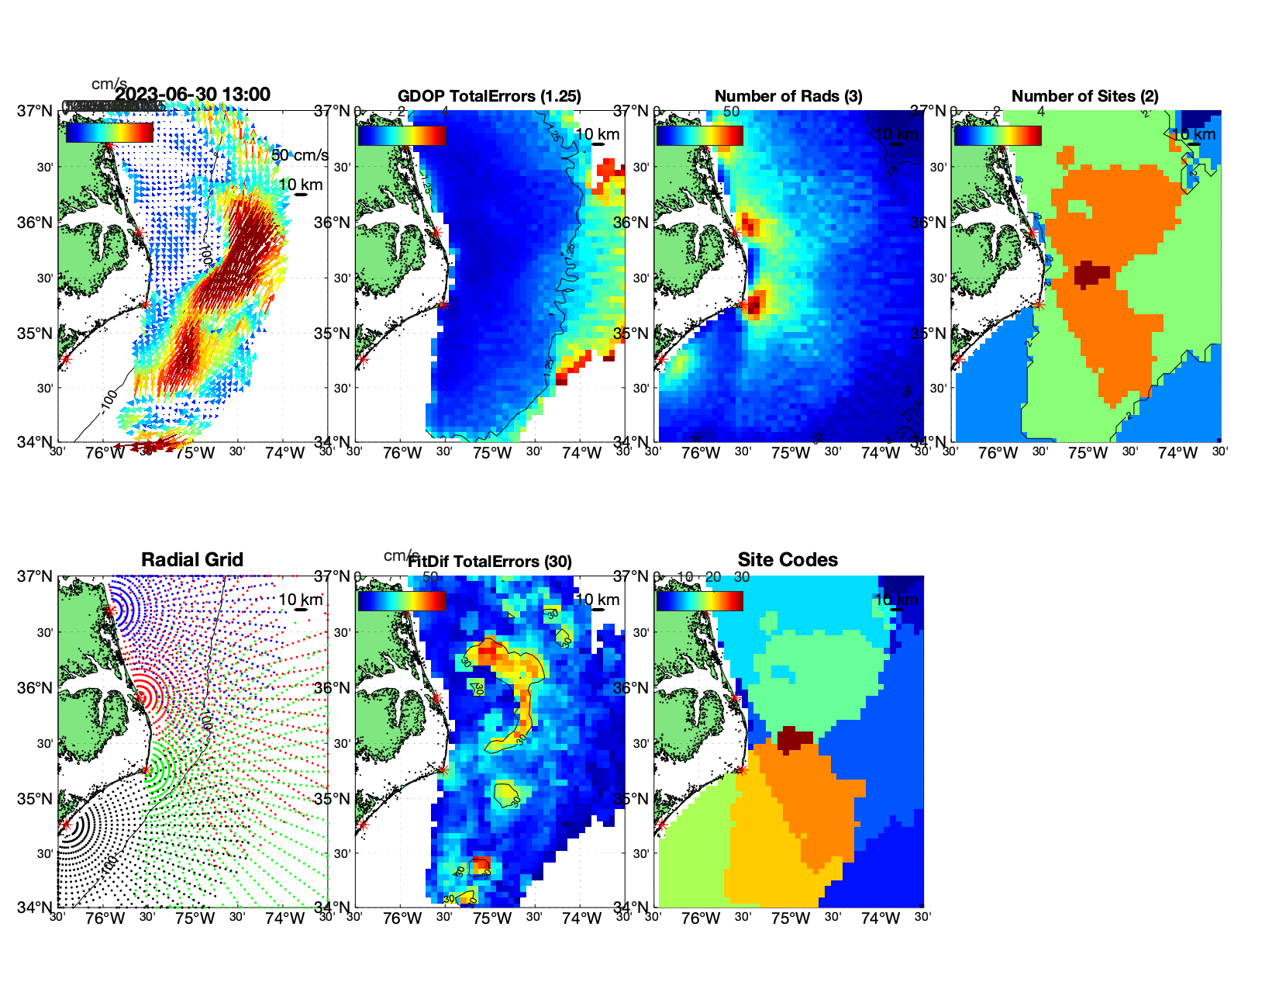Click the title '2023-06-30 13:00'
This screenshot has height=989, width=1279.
(193, 95)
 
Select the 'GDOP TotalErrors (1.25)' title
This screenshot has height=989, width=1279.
(489, 96)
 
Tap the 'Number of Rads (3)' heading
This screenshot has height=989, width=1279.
(788, 96)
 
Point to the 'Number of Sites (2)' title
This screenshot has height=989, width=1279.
(1085, 96)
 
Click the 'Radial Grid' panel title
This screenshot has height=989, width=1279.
(192, 560)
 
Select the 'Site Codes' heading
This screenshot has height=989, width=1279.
(788, 560)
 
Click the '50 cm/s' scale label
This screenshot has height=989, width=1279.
(300, 155)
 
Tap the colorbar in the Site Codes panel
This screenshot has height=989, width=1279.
(699, 601)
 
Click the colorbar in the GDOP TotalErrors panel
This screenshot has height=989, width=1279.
(402, 136)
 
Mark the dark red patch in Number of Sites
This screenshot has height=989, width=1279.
(1091, 274)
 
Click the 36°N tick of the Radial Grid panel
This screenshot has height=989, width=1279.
(36, 688)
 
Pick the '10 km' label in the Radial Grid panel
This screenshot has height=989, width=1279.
(301, 600)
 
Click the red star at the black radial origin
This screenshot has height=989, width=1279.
(66, 825)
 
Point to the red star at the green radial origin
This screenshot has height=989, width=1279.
(146, 769)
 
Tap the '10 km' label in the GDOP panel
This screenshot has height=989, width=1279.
(598, 134)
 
